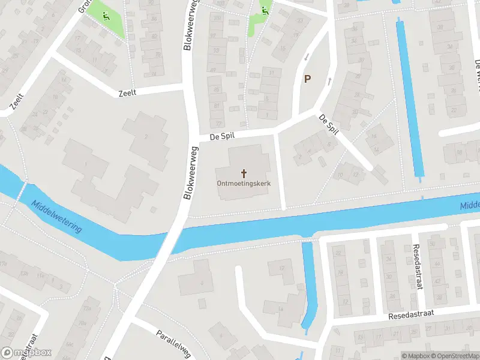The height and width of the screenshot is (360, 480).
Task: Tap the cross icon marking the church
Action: pyautogui.click(x=243, y=173)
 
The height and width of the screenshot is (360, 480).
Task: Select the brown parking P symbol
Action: pyautogui.click(x=308, y=79)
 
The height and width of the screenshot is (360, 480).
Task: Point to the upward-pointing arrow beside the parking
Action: pyautogui.click(x=329, y=80)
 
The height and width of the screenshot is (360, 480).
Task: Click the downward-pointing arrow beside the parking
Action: pyautogui.click(x=306, y=56)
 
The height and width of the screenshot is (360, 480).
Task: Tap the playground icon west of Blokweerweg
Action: pyautogui.click(x=106, y=16)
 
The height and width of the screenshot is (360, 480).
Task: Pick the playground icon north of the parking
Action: pyautogui.click(x=265, y=9)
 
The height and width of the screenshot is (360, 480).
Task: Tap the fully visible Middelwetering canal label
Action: pyautogui.click(x=57, y=217)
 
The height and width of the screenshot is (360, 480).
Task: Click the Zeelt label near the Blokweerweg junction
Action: pyautogui.click(x=128, y=92)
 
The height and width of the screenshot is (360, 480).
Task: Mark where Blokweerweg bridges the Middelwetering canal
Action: pyautogui.click(x=172, y=237)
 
